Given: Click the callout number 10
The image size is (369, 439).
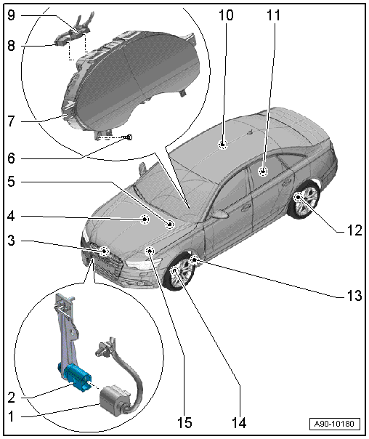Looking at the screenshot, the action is (226, 15).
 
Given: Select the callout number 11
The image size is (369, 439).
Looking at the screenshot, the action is (273, 15).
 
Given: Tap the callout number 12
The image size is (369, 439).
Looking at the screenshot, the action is (354, 230).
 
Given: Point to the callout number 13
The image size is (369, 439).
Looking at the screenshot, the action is (354, 295).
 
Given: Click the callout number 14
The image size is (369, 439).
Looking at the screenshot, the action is (239, 423).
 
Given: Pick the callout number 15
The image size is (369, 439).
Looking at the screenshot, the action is (184, 423).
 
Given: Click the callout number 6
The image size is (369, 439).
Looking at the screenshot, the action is (11, 158).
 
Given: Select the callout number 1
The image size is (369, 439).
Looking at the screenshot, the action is (11, 416).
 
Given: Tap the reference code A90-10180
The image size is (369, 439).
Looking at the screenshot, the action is (334, 423).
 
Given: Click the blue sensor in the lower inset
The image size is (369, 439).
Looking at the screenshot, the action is (75, 376).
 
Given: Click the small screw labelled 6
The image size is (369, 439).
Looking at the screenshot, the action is (129, 137).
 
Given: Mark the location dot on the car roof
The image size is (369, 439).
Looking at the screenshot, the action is (223, 144).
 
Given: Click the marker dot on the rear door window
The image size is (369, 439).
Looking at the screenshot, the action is (263, 171).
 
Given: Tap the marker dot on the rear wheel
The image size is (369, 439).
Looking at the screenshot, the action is (299, 198).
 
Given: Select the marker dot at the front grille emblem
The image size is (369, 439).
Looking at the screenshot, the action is (104, 251).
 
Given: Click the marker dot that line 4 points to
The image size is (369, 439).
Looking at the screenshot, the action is (145, 219).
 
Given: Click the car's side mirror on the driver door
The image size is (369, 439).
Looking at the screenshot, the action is (220, 214).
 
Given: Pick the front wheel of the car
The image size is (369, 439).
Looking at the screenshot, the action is (179, 272).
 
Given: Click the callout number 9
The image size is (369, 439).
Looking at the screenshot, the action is (11, 15).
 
